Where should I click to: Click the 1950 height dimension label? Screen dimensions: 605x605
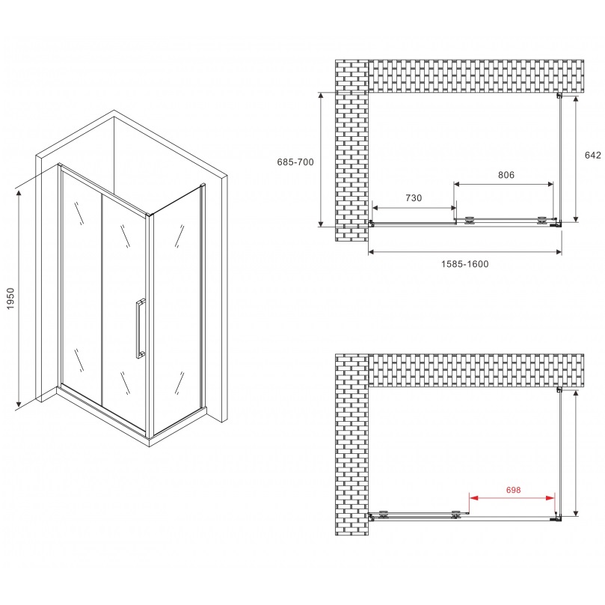(x=10, y=299)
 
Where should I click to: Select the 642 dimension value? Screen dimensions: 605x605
(x=592, y=156)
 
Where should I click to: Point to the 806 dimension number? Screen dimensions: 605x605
(x=506, y=175)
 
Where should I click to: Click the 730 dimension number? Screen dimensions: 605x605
(x=414, y=198)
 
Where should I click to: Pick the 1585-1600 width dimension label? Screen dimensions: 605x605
(x=465, y=264)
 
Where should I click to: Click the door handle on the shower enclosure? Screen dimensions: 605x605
(x=139, y=329)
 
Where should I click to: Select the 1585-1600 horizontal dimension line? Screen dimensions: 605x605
(x=465, y=252)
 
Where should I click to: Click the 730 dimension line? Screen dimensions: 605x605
(x=414, y=207)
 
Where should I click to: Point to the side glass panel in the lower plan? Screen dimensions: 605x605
(x=561, y=452)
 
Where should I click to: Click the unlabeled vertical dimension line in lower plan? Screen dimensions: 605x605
(x=577, y=452)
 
